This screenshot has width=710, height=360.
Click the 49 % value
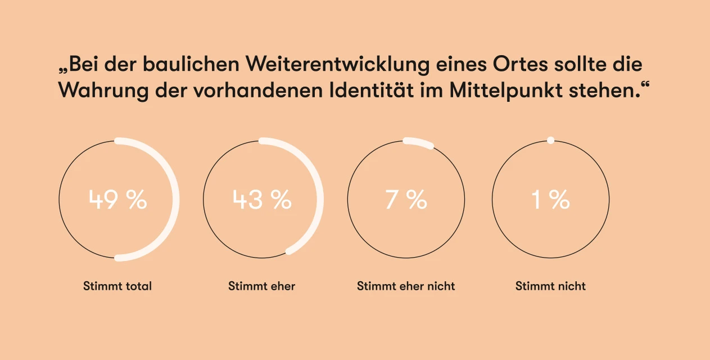(117, 200)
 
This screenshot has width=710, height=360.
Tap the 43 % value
(262, 200)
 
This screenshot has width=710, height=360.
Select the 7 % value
(406, 200)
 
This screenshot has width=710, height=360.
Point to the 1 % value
(551, 200)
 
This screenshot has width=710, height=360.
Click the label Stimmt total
(117, 286)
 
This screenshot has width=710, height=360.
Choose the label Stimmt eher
(261, 286)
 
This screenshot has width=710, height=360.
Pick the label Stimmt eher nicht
(406, 286)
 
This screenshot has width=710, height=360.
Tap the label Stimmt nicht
(550, 286)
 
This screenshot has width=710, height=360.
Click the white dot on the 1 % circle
(550, 140)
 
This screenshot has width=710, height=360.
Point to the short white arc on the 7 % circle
(418, 142)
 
